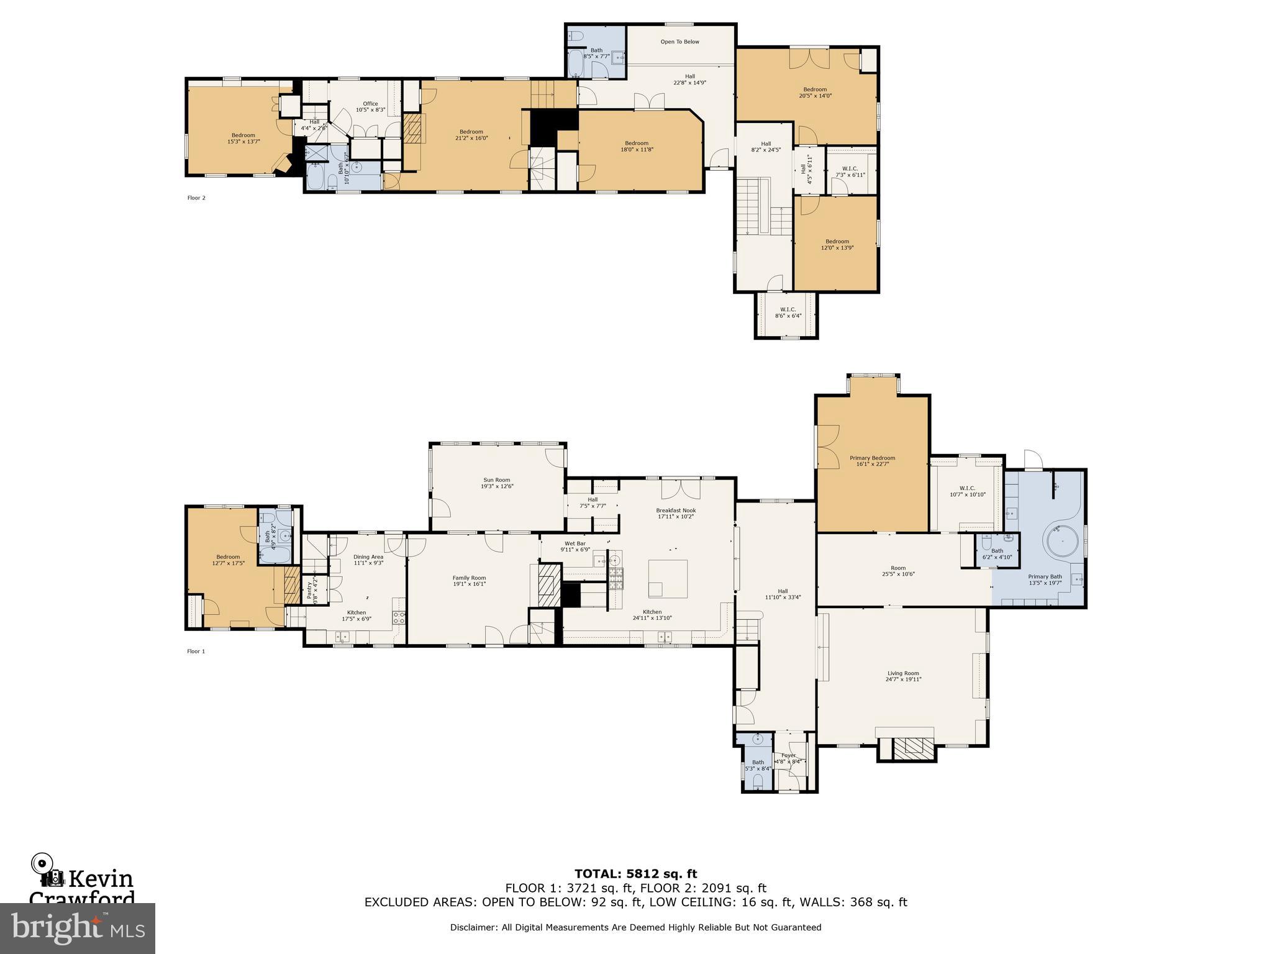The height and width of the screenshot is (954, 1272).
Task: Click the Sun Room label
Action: pyautogui.click(x=496, y=479)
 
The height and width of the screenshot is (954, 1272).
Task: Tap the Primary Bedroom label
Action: pyautogui.click(x=872, y=458)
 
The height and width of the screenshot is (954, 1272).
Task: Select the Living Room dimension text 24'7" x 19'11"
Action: pyautogui.click(x=902, y=679)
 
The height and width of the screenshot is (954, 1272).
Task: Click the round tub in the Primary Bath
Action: pyautogui.click(x=1063, y=542)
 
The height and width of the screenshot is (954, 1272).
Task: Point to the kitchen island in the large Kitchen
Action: pyautogui.click(x=668, y=578)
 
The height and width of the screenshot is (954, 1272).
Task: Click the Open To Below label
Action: pyautogui.click(x=679, y=42)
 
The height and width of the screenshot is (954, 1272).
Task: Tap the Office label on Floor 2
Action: pyautogui.click(x=370, y=104)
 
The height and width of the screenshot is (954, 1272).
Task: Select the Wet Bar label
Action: pyautogui.click(x=575, y=543)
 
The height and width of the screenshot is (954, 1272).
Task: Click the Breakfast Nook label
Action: pyautogui.click(x=676, y=511)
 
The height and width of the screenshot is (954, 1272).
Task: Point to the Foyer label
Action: pyautogui.click(x=788, y=755)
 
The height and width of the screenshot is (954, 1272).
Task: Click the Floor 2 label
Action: pyautogui.click(x=196, y=198)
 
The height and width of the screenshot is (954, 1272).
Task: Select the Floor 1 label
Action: pyautogui.click(x=196, y=652)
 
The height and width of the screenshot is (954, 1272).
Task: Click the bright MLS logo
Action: pyautogui.click(x=77, y=928)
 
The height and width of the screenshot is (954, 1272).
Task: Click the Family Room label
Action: pyautogui.click(x=469, y=578)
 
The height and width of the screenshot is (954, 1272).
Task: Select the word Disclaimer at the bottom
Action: pyautogui.click(x=473, y=927)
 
